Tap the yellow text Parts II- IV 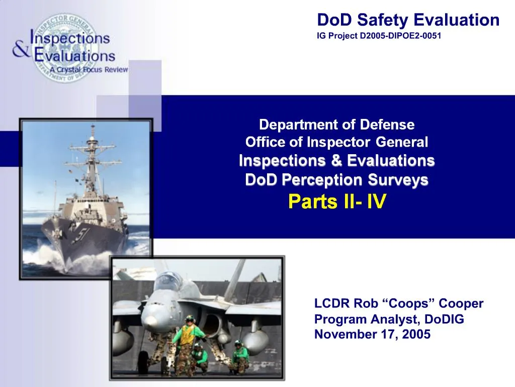coord(337,202)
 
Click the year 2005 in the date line coord(415,334)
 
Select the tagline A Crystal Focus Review coord(89,70)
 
